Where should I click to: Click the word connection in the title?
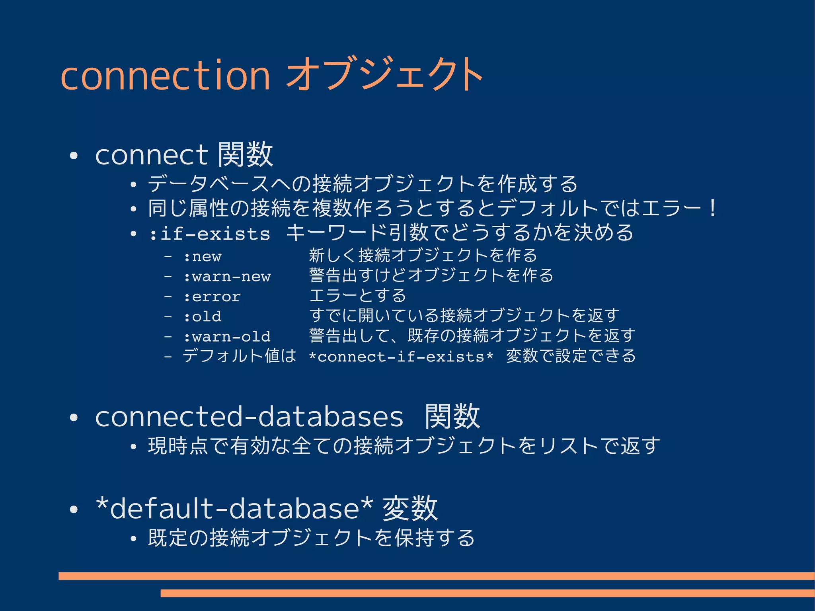165,75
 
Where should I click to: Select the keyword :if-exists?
210,234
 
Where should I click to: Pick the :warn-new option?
227,277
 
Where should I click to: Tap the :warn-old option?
227,337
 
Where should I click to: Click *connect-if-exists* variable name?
401,357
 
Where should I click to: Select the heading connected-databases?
250,417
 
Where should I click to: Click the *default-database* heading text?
235,509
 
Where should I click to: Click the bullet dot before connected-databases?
74,418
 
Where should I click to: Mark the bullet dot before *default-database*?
74,509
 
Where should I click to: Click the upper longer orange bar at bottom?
436,576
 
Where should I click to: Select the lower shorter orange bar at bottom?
487,593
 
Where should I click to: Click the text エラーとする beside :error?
357,296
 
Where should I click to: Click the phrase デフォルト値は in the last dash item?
239,356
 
